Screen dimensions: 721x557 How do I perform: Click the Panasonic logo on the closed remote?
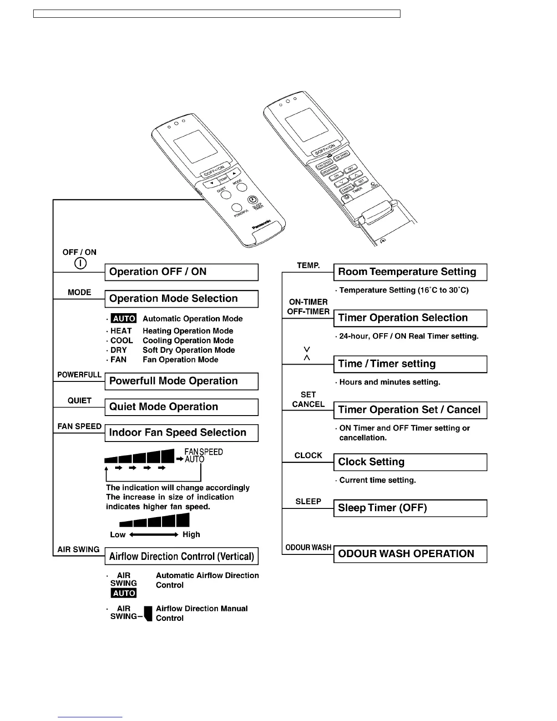pos(262,225)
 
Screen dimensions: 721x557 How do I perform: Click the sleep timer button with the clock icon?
pos(253,200)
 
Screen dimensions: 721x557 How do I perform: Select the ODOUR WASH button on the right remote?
pos(329,171)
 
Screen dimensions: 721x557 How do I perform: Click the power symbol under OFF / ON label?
pos(80,264)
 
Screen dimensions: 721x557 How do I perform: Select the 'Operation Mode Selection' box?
pos(181,299)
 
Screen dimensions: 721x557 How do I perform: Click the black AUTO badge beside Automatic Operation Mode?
pos(124,319)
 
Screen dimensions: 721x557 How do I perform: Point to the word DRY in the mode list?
pos(119,350)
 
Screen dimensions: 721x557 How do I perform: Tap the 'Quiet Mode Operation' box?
pos(181,407)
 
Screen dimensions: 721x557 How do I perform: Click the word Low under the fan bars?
pos(118,534)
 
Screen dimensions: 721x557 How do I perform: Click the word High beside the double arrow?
pos(191,534)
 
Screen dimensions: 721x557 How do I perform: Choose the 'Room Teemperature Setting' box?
pos(410,272)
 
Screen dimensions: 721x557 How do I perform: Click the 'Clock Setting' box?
pos(410,462)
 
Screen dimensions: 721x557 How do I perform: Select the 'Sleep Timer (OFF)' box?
pos(410,508)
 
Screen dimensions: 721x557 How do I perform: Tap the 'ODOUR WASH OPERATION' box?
pos(410,554)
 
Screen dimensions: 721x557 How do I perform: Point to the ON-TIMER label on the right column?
pos(308,302)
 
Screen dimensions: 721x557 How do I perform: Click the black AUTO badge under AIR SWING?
pos(124,593)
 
